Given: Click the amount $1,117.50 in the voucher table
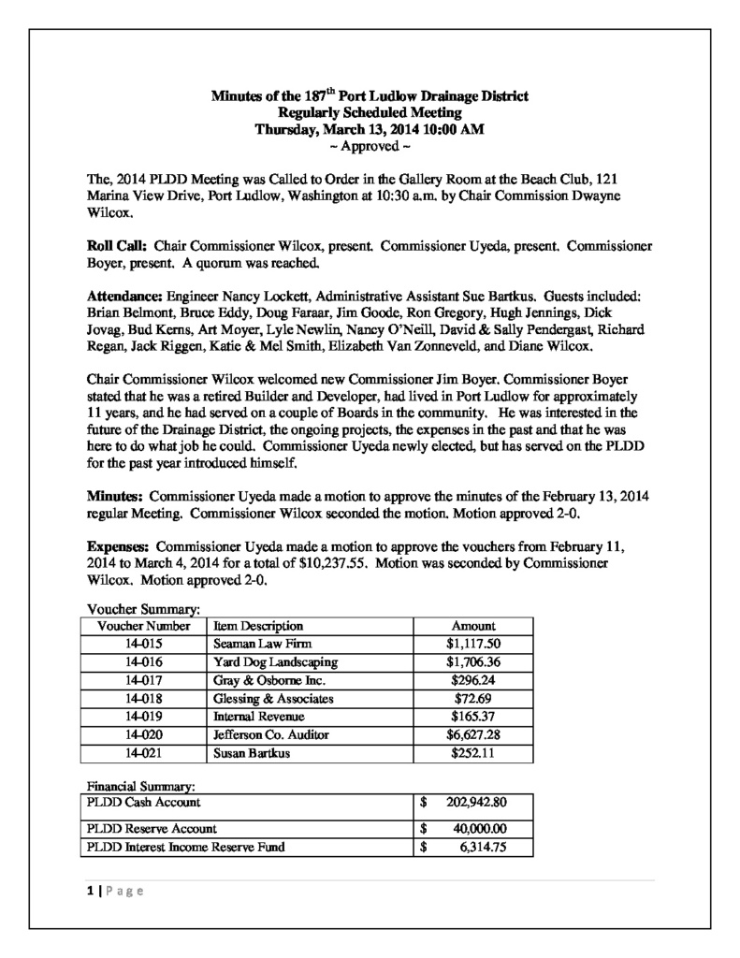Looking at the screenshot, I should pos(473,644).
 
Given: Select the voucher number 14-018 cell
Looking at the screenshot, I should pos(144,698).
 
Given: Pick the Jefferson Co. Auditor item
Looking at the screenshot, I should pos(271,734).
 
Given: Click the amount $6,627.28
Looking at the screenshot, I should pos(473,734).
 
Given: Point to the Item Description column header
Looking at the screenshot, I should pos(258,625).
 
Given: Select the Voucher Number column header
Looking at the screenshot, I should pos(144,625).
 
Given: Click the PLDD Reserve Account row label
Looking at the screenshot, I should pos(152,828).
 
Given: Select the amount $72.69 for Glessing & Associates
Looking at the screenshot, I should pos(473,698).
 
